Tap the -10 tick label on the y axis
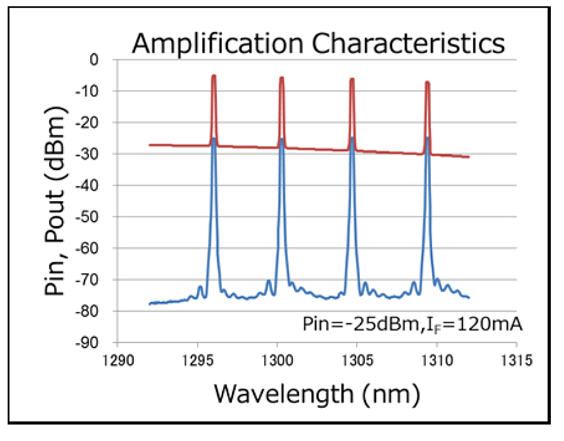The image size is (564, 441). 91,91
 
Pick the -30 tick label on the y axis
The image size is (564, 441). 91,154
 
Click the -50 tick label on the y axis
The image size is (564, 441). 91,217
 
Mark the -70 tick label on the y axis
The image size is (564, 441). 91,279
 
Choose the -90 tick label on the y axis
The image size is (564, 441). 91,342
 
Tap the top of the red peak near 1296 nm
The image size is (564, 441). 214,76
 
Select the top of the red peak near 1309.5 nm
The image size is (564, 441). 427,82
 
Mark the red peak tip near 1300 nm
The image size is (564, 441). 282,78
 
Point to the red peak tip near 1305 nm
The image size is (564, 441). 352,79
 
